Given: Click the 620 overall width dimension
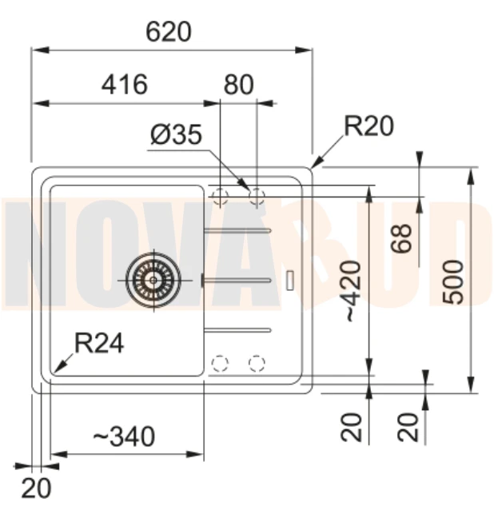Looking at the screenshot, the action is coord(169,31).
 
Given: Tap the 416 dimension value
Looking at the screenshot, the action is coord(125,85).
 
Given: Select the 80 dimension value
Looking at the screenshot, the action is coord(238,85).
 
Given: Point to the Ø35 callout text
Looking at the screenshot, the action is coord(177,134).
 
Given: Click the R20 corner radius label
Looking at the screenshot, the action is coord(369,126).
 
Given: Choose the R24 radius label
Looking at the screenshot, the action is coord(99,343).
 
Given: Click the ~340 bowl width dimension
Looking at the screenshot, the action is coord(124,436).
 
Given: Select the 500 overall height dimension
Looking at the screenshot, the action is coord(453,282).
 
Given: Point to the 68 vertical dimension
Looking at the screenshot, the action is coord(401,238).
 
